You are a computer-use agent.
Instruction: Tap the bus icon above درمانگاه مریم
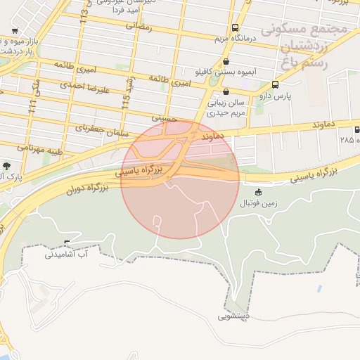[234, 28]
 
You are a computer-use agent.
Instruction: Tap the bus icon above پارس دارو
[274, 84]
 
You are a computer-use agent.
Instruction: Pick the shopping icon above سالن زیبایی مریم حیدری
[225, 91]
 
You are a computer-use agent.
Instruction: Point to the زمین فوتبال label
[259, 203]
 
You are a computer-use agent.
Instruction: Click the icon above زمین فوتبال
[259, 193]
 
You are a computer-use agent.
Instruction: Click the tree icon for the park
[6, 166]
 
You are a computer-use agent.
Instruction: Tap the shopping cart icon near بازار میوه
[15, 32]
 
